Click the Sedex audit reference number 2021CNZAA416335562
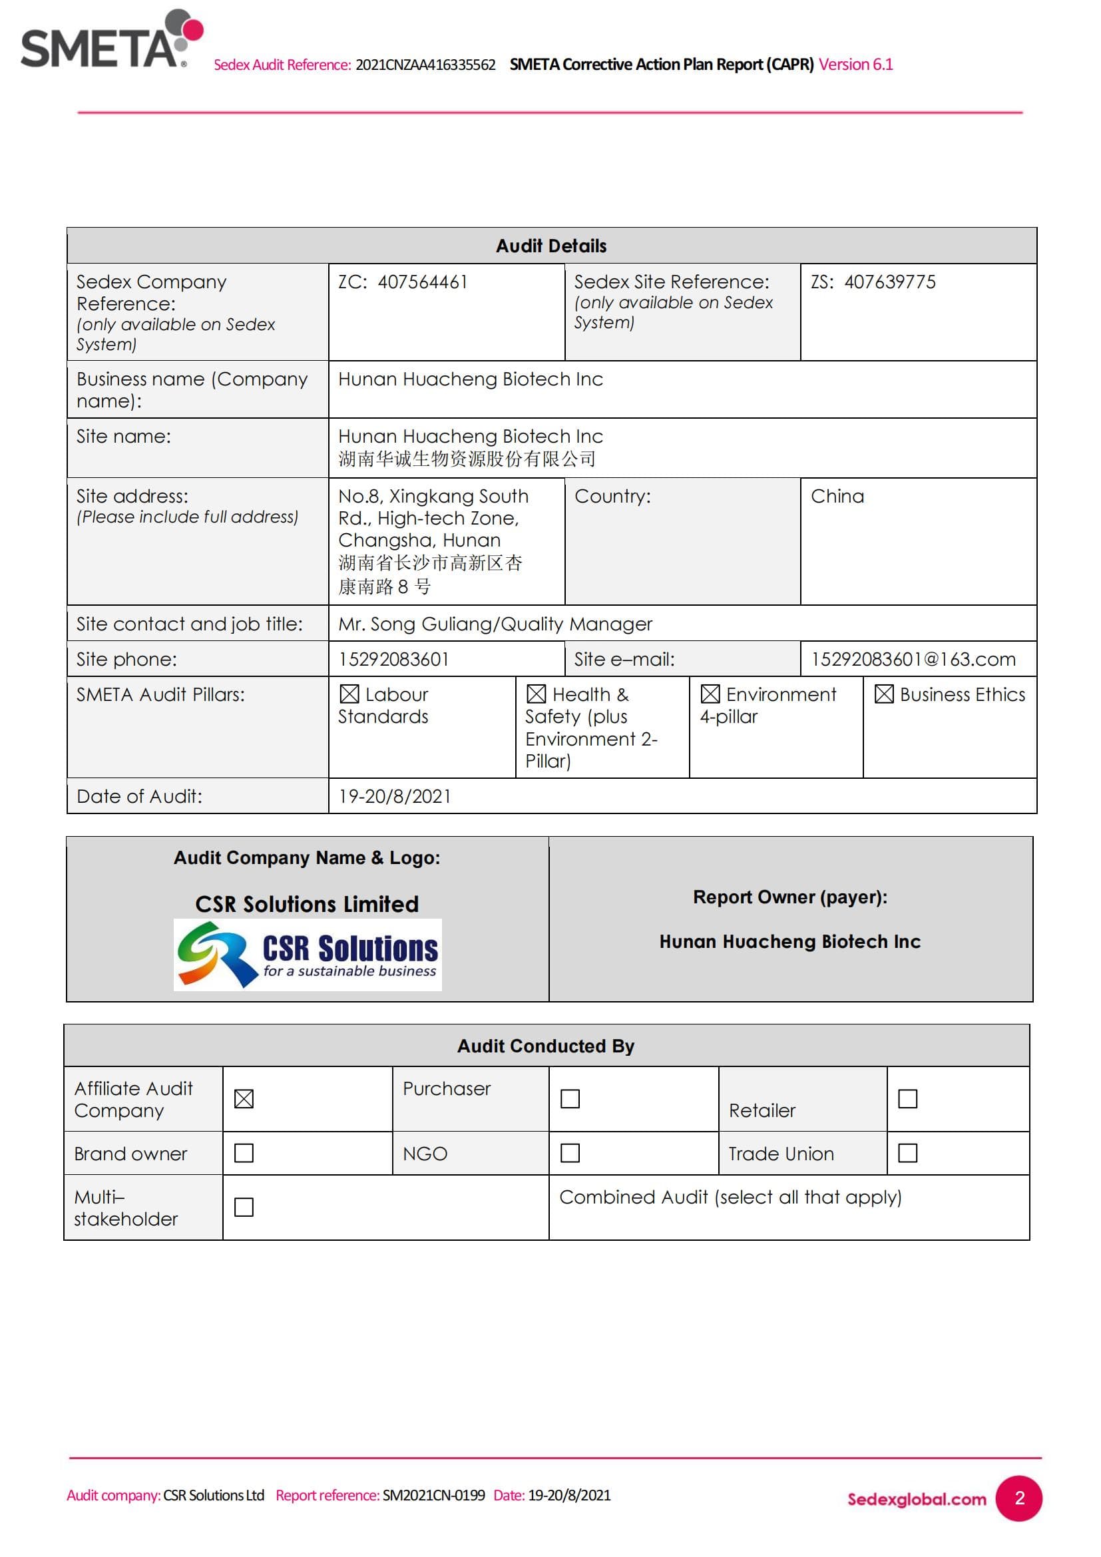(x=425, y=65)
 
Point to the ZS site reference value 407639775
(x=889, y=282)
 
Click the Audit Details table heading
(x=550, y=246)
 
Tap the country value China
(x=837, y=497)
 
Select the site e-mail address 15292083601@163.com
(x=913, y=659)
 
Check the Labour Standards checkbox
(x=349, y=694)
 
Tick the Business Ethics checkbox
(x=883, y=694)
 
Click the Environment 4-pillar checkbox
(x=710, y=694)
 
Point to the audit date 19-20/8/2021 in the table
(x=395, y=796)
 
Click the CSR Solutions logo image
(x=307, y=954)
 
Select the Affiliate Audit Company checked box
(x=244, y=1098)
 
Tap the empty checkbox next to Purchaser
(x=570, y=1098)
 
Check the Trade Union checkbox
(x=907, y=1153)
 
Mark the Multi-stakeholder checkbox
(x=244, y=1207)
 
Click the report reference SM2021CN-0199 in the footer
(x=433, y=1495)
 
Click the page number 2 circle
(x=1018, y=1498)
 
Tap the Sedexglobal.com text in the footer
(x=917, y=1499)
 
